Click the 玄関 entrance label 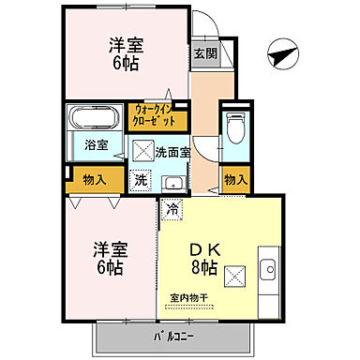[x=205, y=54]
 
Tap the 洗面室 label [x=173, y=149]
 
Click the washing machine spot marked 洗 [x=141, y=180]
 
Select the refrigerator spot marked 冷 [x=172, y=210]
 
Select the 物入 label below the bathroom [x=94, y=178]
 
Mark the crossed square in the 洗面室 [x=142, y=149]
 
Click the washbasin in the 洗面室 [x=172, y=182]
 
